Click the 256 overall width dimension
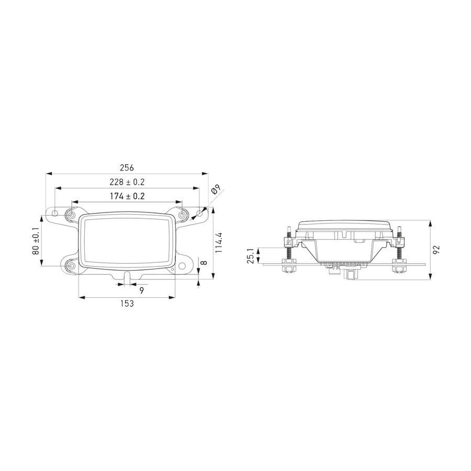(127, 168)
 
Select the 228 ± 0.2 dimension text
(127, 182)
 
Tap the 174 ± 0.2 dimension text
(127, 196)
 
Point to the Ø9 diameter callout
(216, 191)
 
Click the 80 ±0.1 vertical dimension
(36, 241)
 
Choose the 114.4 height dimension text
(219, 243)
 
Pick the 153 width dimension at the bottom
(127, 304)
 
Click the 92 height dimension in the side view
(437, 250)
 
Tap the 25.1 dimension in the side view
(251, 256)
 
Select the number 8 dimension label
(204, 263)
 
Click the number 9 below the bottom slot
(141, 289)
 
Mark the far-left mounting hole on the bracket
(55, 214)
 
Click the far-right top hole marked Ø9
(199, 214)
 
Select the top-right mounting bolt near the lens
(182, 215)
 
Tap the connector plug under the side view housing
(350, 275)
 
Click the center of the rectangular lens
(127, 240)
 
